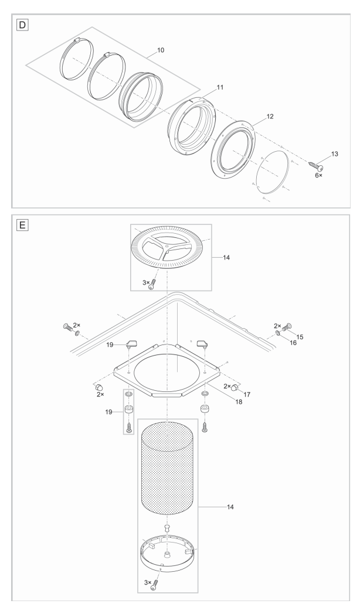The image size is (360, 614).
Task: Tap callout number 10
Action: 161,50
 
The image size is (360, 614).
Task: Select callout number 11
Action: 203,87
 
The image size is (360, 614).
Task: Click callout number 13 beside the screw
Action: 334,153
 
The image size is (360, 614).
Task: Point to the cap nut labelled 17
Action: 236,387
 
